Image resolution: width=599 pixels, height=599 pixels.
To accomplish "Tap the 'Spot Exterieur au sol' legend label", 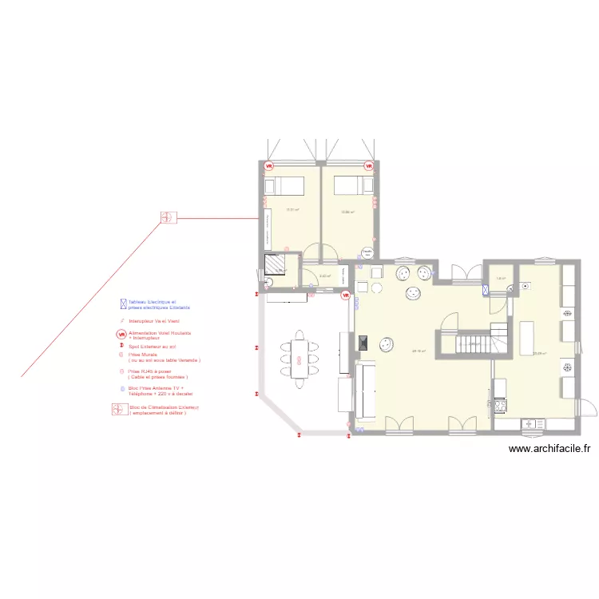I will [152, 347].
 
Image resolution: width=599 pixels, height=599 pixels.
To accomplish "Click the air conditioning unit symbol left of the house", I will [168, 217].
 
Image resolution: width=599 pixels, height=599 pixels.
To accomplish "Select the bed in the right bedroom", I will [348, 185].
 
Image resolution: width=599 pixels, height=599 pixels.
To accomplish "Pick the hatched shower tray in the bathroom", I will [277, 264].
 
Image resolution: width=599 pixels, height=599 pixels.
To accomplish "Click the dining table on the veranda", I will [299, 358].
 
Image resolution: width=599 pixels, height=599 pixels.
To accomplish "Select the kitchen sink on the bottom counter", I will [530, 422].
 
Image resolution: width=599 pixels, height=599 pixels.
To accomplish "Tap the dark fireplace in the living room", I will [363, 343].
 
